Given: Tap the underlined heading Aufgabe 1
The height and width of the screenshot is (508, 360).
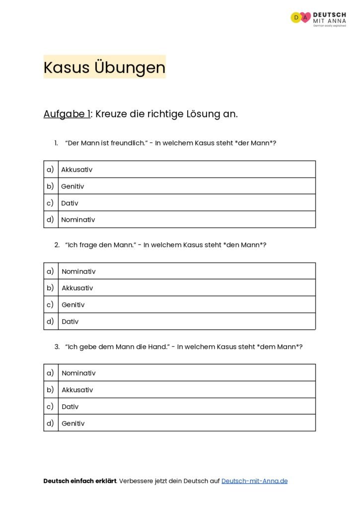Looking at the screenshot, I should click(x=67, y=114).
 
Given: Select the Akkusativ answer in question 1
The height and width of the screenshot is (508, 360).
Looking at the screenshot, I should click(x=76, y=170).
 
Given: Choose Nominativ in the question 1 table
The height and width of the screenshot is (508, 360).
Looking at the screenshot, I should click(x=78, y=220).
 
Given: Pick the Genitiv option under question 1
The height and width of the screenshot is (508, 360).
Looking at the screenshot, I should click(x=72, y=187).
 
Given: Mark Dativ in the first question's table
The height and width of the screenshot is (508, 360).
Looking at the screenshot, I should click(x=70, y=203).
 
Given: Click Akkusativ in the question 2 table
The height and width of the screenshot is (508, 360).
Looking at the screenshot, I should click(x=77, y=288).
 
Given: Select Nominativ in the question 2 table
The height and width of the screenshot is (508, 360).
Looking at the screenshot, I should click(x=78, y=271).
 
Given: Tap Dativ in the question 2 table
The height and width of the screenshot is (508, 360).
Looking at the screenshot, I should click(x=70, y=321).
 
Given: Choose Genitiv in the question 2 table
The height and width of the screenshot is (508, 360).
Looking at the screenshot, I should click(x=73, y=305).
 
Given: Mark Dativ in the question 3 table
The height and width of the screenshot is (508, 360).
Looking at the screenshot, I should click(x=70, y=407).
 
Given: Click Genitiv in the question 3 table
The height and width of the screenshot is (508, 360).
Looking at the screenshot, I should click(x=73, y=424).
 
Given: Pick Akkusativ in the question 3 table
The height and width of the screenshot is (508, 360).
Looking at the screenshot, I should click(x=77, y=390).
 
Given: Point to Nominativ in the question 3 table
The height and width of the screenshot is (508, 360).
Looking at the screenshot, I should click(x=78, y=373).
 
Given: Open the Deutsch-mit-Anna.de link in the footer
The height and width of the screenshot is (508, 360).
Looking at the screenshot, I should click(x=254, y=481).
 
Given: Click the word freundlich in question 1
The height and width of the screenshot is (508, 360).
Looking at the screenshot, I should click(x=128, y=143).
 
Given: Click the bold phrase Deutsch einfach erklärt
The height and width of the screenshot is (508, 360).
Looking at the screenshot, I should click(x=79, y=481).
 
